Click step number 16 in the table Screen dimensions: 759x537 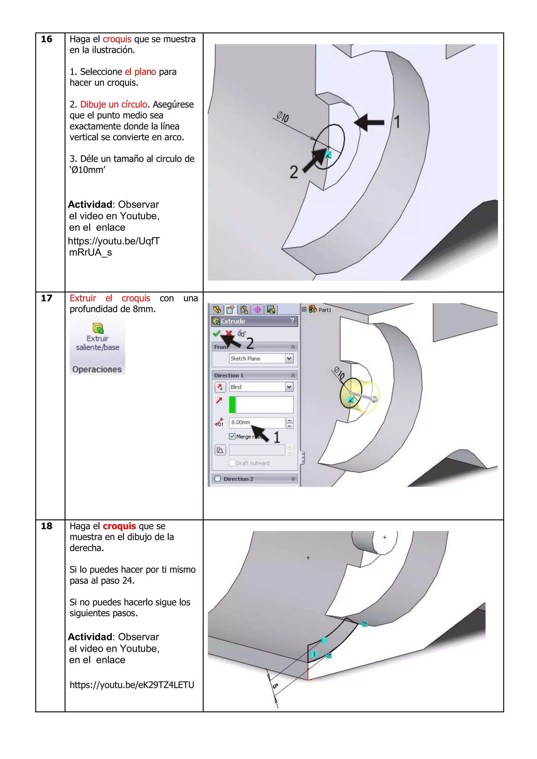tap(46, 39)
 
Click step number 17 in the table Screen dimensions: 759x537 tap(46, 298)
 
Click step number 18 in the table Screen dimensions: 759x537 tap(46, 526)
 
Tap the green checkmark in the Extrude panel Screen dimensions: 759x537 tap(216, 333)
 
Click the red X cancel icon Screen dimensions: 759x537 tap(228, 333)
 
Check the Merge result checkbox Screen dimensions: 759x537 tap(232, 436)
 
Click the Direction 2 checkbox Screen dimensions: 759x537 tap(217, 479)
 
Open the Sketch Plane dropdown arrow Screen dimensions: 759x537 tap(289, 359)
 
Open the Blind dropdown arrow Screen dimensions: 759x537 tap(289, 387)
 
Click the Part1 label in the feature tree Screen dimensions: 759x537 tap(325, 310)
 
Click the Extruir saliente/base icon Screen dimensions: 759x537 tap(98, 328)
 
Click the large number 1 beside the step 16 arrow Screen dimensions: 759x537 tap(397, 122)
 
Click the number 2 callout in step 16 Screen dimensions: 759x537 tap(293, 172)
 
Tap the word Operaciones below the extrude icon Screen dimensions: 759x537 tap(97, 369)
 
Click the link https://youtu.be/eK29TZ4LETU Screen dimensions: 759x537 tap(132, 685)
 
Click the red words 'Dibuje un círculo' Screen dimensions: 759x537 tap(114, 105)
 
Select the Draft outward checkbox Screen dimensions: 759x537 tap(232, 463)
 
